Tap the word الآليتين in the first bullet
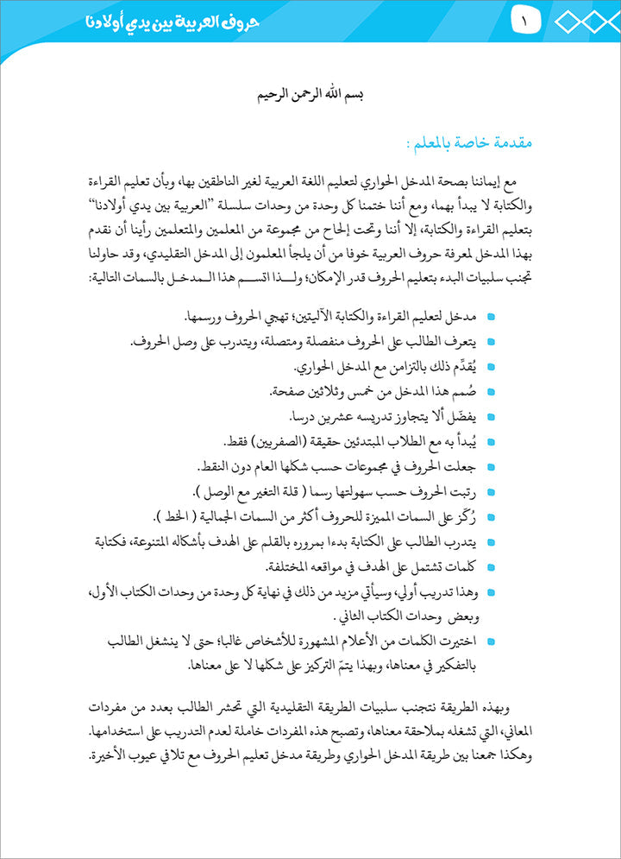pos(330,319)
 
